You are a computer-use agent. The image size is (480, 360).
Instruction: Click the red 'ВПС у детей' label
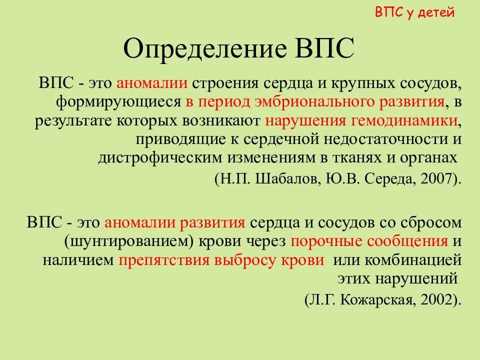click(414, 12)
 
